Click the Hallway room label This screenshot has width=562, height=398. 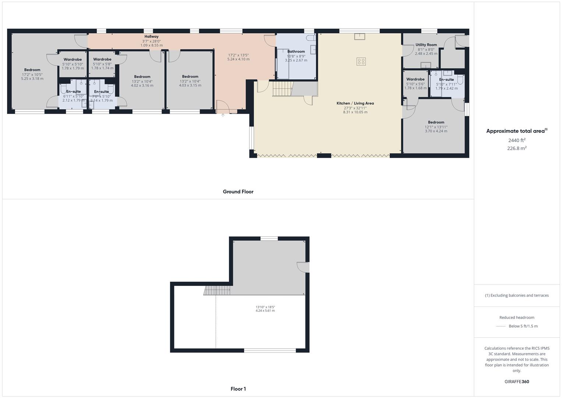coord(151,36)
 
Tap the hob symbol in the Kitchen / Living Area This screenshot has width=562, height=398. coord(361,62)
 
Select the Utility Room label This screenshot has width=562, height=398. coord(426,45)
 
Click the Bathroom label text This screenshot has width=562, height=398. coord(296,52)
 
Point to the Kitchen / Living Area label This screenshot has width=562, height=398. coord(355,103)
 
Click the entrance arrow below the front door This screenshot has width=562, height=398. coord(223,116)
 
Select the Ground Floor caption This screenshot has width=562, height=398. coord(238,192)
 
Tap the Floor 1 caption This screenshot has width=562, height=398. coord(238,389)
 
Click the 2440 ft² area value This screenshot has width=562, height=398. coord(517,140)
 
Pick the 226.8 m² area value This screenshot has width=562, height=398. coord(517,148)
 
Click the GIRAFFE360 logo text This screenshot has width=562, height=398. coord(517,381)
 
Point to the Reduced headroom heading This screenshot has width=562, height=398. coord(517,317)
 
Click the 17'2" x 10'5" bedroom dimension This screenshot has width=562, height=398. coord(32,74)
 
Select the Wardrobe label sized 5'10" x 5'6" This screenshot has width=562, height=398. coord(415,79)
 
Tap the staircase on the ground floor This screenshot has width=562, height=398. coord(282,89)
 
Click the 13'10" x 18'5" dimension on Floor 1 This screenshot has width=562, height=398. coord(265,307)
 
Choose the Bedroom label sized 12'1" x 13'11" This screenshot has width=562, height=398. coord(436,122)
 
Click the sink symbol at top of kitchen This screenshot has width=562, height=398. coord(360,36)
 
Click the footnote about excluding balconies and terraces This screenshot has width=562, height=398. coord(517,295)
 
